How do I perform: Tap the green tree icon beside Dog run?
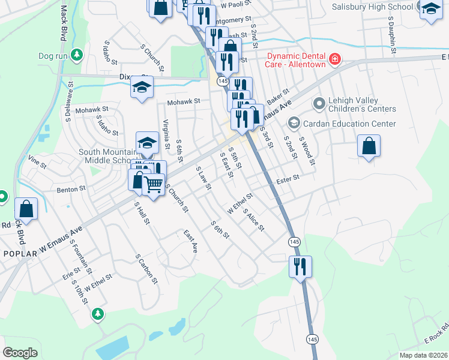(x=76, y=56)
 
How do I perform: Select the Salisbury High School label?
(x=373, y=7)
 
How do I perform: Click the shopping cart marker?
(x=154, y=184)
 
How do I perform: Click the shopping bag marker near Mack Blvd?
(x=26, y=209)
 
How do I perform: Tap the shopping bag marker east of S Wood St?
(x=369, y=146)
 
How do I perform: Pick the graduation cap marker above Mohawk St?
(x=142, y=87)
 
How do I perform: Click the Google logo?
(x=20, y=353)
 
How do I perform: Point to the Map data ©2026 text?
(x=423, y=355)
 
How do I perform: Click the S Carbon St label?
(x=146, y=270)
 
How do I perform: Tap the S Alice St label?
(x=255, y=221)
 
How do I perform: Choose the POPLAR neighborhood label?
(x=20, y=254)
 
